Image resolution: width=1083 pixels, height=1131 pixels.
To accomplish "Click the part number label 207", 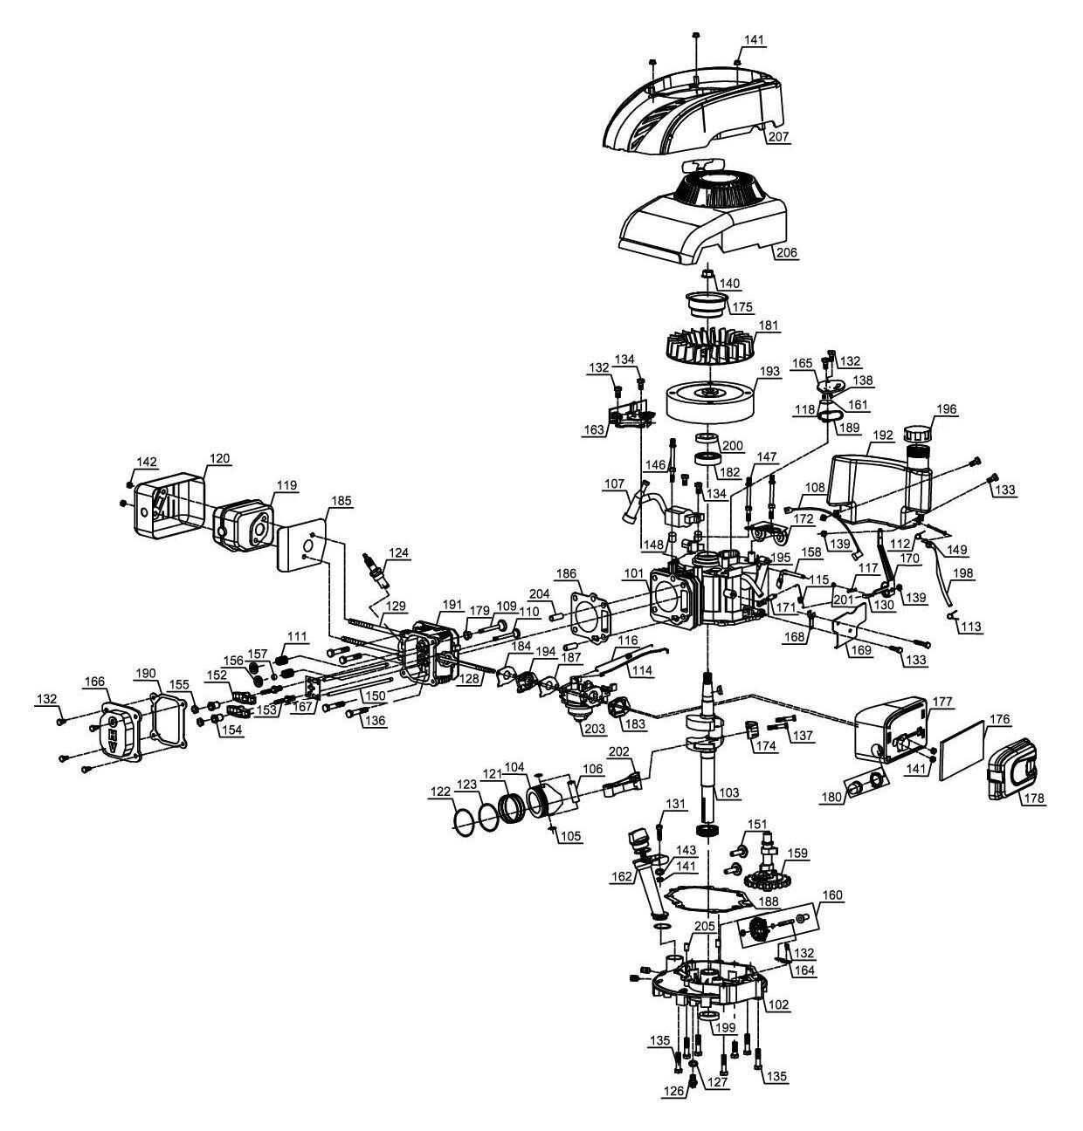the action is (x=778, y=137).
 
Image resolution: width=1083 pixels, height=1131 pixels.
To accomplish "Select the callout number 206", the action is (x=786, y=253).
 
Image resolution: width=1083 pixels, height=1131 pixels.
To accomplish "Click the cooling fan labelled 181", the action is (x=708, y=351).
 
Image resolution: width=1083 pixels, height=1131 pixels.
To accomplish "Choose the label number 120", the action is (x=219, y=458).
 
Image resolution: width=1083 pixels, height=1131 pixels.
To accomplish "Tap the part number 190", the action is (x=145, y=673).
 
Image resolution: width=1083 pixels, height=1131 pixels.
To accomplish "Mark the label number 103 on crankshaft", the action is (x=728, y=792).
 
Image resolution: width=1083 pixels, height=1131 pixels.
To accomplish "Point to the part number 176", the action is (x=998, y=720).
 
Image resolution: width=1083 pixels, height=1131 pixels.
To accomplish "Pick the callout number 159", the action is (x=797, y=853).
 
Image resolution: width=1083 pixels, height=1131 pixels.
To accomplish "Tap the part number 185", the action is (x=341, y=500).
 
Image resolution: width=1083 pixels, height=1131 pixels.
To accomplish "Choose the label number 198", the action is (x=963, y=573).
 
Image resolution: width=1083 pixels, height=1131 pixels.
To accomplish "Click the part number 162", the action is (x=622, y=876).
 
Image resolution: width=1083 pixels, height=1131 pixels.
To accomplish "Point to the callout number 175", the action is (x=742, y=307).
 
